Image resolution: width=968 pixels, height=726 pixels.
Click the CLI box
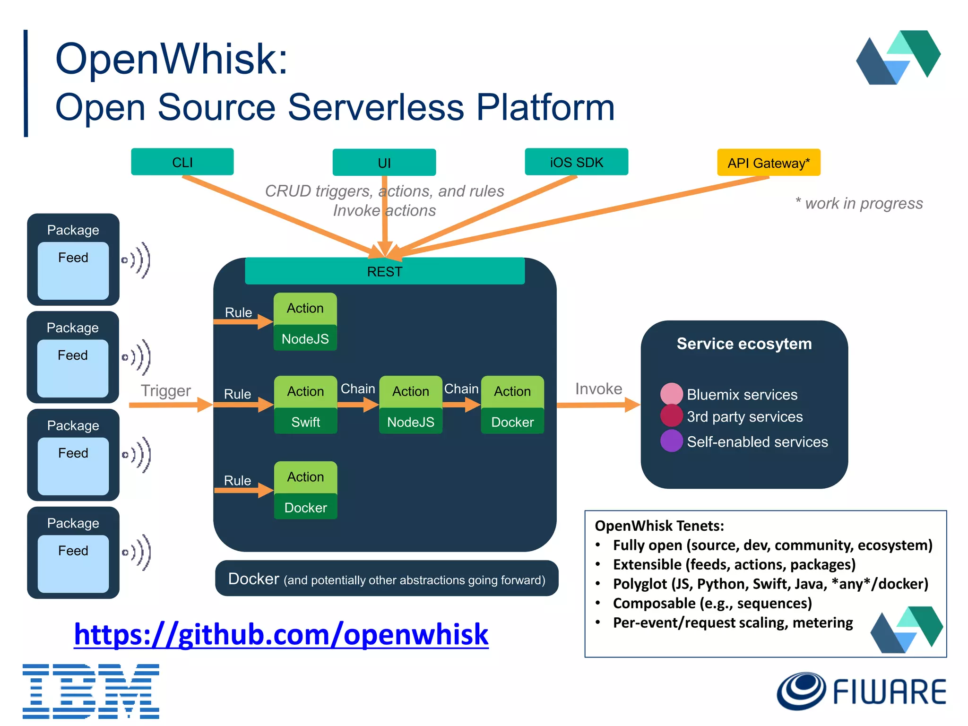[x=182, y=162]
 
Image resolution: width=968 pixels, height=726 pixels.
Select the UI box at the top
[x=384, y=163]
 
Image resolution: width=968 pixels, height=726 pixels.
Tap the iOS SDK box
[x=576, y=162]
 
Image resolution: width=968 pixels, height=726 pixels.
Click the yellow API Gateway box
[x=768, y=163]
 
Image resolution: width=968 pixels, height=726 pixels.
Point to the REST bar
[x=384, y=271]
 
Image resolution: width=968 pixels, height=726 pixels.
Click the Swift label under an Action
[x=305, y=422]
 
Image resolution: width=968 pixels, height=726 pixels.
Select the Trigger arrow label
[x=165, y=390]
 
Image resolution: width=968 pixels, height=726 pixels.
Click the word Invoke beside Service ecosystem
[x=598, y=389]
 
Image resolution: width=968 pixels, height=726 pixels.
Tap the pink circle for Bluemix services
[x=671, y=394]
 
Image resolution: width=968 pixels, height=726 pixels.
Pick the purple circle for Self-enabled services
[x=671, y=441]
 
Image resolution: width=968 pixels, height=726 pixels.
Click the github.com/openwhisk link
[x=281, y=634]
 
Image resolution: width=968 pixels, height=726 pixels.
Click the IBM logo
[x=91, y=691]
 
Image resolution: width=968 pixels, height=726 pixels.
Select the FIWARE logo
[x=861, y=691]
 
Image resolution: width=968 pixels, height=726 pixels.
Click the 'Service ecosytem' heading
[x=744, y=344]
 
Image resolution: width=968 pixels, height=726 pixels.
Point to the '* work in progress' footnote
[x=859, y=203]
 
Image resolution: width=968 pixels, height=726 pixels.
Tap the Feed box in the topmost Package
[x=73, y=270]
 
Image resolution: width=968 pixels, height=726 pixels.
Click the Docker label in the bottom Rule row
[x=305, y=507]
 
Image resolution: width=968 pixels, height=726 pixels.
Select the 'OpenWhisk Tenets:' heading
[x=659, y=526]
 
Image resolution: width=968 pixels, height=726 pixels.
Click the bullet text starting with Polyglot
[x=770, y=584]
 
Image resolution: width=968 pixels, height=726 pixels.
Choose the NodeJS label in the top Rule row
[x=305, y=338]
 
